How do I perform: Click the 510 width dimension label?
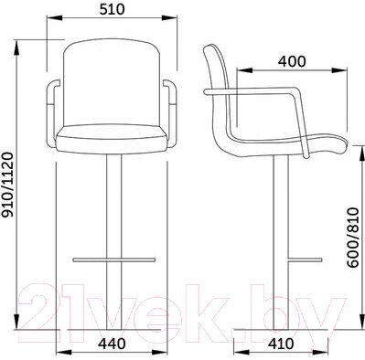[112, 9]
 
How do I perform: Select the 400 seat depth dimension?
[292, 61]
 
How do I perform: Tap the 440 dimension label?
[112, 344]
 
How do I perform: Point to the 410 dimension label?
[281, 344]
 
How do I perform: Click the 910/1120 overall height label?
[8, 185]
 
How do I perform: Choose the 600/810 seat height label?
[353, 238]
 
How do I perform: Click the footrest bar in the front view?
[114, 259]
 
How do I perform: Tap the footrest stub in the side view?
[305, 259]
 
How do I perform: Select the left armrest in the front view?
[53, 114]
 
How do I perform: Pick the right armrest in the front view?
[170, 114]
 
